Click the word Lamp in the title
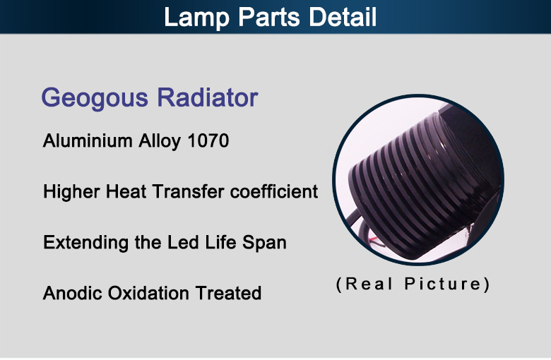196,18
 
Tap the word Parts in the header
269,17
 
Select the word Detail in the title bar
343,17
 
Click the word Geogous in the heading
95,98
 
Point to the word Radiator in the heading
208,97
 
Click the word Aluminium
88,140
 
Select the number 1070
208,141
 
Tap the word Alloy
160,142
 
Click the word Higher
71,192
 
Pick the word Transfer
189,191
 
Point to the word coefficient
274,191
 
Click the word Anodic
72,293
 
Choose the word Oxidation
148,293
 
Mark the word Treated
228,293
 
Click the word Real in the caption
365,284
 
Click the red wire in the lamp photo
374,241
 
